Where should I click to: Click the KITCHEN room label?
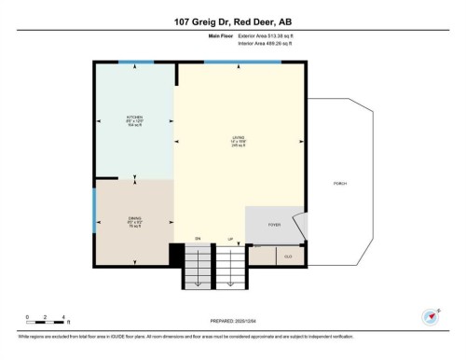click(134, 119)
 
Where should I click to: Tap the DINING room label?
click(134, 220)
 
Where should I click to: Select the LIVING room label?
click(239, 140)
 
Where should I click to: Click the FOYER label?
click(274, 225)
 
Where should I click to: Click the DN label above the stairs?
click(198, 240)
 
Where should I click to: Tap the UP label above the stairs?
click(229, 240)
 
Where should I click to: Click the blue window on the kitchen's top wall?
click(136, 62)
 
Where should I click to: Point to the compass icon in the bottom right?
click(430, 316)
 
